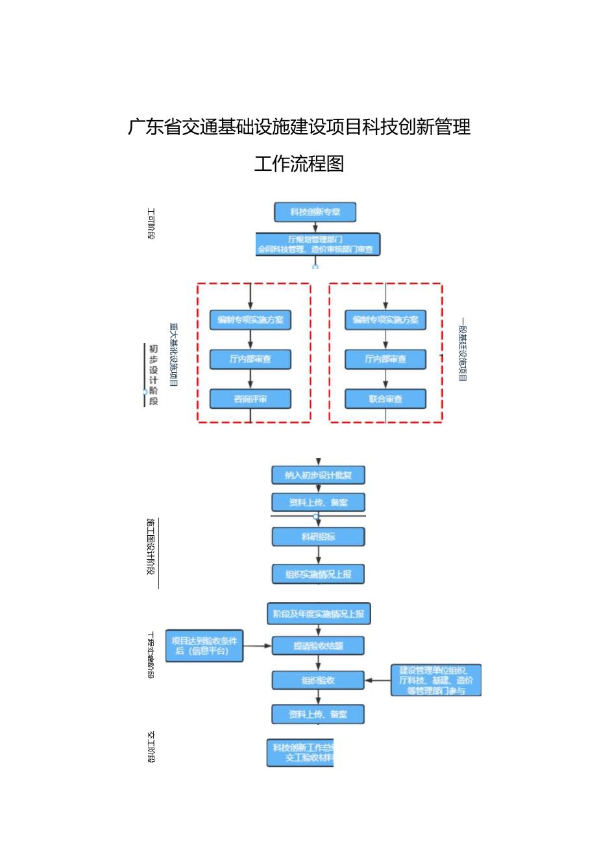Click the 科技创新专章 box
tap(315, 212)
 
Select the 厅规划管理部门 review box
tap(318, 244)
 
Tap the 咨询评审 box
tap(250, 399)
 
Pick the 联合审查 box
tap(385, 399)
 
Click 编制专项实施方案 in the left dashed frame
tap(250, 320)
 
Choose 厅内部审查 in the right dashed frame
tap(385, 359)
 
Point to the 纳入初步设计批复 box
tap(318, 475)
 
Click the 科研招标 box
tap(318, 536)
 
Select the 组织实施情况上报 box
tap(318, 574)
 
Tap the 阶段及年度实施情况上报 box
tap(318, 614)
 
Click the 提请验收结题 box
tap(318, 646)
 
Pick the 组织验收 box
tap(318, 680)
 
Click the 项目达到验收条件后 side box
tap(204, 646)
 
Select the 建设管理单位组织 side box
tap(435, 680)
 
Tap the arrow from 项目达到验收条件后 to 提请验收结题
tap(258, 646)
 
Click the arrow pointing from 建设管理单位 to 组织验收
tap(378, 680)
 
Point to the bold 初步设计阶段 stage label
tap(153, 375)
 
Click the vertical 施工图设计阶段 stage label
tap(151, 547)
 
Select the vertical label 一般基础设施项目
tap(462, 349)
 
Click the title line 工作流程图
tap(298, 164)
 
